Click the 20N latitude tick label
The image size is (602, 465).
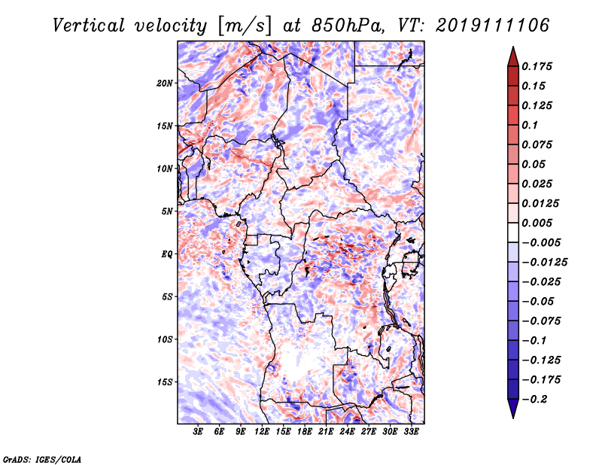[164, 84]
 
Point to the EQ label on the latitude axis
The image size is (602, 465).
[166, 254]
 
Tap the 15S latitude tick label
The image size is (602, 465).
[164, 382]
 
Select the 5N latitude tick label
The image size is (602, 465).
[167, 211]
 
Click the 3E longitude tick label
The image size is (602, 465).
[198, 432]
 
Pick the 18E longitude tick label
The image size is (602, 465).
[305, 432]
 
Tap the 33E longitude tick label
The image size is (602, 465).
[411, 432]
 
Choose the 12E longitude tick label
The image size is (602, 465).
[262, 432]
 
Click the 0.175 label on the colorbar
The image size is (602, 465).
[537, 66]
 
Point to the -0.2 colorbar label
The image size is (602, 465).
[534, 400]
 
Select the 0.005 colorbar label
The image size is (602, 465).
[537, 223]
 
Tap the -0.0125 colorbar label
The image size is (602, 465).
[544, 263]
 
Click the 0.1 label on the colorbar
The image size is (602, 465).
[530, 125]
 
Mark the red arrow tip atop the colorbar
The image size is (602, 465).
[513, 47]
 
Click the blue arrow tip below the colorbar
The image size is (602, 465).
[513, 418]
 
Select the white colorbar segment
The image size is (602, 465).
[513, 232]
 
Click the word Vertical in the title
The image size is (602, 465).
[89, 26]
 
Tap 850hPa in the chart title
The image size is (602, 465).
[348, 26]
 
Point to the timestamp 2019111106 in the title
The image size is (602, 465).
[493, 26]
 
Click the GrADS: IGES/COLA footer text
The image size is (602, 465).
[42, 459]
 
